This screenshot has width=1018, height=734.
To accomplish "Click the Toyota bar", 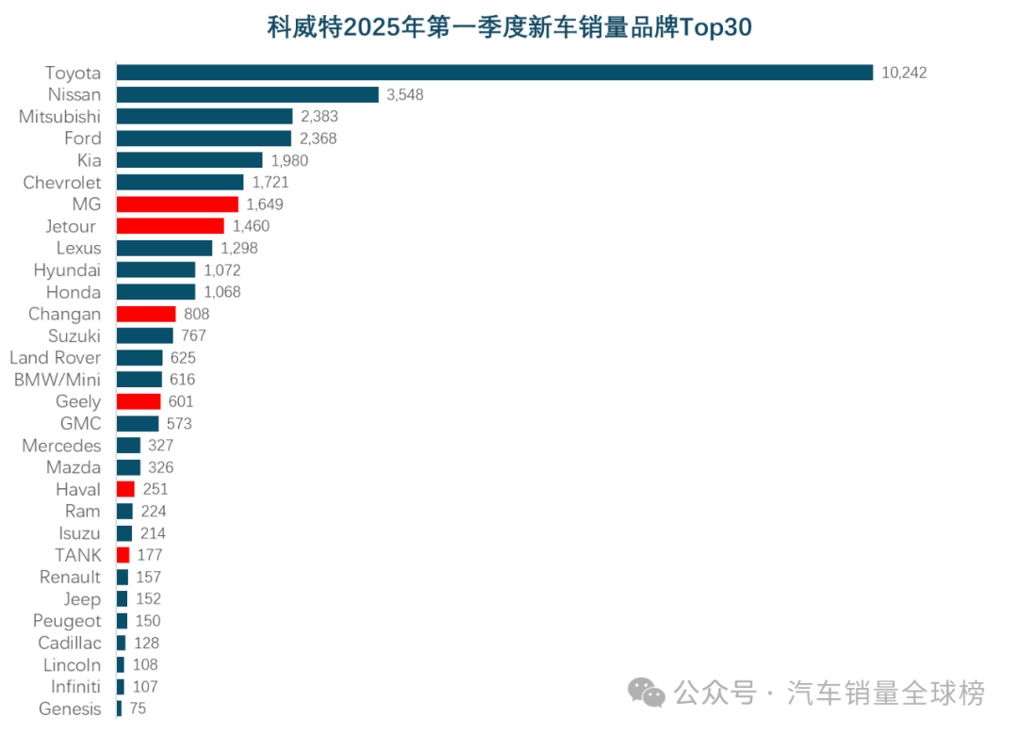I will pos(495,73).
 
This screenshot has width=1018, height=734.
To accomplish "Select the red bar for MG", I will pos(177,204).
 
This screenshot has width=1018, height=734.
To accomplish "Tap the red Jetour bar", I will pos(171,226).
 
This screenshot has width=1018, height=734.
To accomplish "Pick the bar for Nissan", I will pos(247,94).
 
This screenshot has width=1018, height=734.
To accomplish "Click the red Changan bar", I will pos(146,314).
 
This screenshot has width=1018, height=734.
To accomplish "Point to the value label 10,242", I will pos(904,73).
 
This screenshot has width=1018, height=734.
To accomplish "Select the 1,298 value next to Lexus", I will pos(238,249).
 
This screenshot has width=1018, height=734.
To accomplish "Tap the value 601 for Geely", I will pos(180,402).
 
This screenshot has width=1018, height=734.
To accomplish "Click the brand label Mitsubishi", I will pos(60,117).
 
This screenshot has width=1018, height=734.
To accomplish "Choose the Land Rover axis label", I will pos(55,358).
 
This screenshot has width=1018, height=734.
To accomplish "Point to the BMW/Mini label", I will pos(57,380).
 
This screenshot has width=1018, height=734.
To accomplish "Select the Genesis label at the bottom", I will pos(70,710).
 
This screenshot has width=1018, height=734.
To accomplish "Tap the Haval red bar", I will pos(125,490).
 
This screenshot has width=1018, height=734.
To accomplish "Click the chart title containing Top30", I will pos(509,27).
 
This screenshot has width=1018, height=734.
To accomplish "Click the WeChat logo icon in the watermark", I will pos(648,693).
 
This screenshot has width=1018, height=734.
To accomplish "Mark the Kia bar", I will pos(189,160).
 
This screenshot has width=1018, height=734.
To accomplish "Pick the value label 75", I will pos(138,710).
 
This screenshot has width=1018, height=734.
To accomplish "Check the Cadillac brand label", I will pos(70,644).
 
